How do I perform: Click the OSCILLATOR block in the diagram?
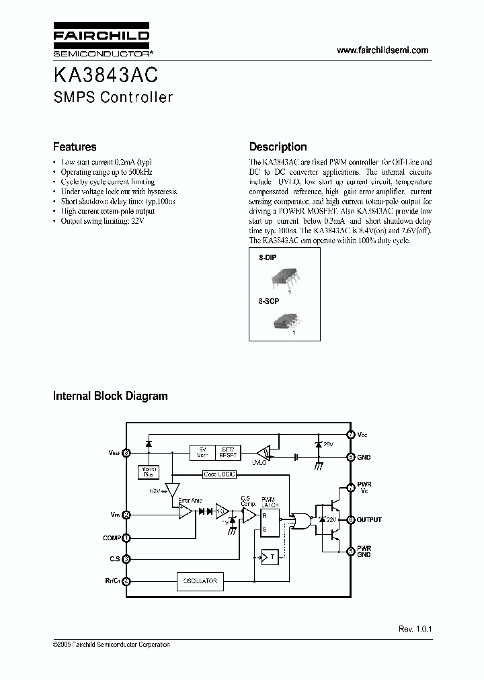(200, 581)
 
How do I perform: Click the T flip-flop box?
(269, 556)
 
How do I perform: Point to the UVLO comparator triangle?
(266, 452)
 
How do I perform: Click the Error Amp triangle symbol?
(184, 511)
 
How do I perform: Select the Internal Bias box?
(147, 471)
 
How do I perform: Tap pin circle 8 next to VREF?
(127, 453)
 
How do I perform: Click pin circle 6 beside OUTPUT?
(350, 519)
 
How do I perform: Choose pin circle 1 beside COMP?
(127, 537)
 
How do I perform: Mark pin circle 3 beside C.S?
(127, 558)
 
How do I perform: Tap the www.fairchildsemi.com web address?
(382, 50)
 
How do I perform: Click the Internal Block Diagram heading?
(110, 396)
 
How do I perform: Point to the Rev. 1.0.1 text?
(415, 630)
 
